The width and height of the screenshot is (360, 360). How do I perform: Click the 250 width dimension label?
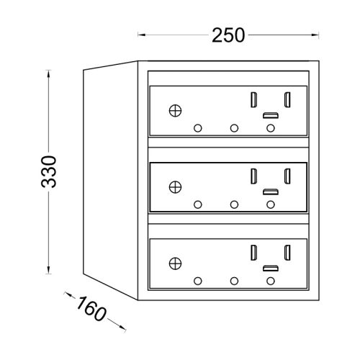pos(228,35)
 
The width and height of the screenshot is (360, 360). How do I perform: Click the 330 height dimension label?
pos(49,171)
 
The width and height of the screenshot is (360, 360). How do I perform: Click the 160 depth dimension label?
pos(91,308)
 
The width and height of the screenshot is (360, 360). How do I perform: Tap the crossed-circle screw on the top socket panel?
pos(176,111)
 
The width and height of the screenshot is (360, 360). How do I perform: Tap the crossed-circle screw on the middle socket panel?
pos(176,187)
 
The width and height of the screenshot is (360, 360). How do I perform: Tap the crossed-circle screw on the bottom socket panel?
pos(176,264)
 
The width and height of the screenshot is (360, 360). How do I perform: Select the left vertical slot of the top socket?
pos(253,100)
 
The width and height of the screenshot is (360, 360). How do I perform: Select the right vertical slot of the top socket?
pos(287,100)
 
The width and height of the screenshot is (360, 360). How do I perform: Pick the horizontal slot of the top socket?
pos(271,115)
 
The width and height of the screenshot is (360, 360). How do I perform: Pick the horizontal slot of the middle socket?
pos(271,192)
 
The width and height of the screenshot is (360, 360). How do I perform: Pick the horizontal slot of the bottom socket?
pos(271,269)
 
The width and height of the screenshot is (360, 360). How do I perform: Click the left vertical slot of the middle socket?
pos(253,176)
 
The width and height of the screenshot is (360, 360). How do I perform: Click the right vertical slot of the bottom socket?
pos(287,253)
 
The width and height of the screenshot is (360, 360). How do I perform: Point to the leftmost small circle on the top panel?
pos(198,128)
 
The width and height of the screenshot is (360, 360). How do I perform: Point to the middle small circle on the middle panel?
pos(234,204)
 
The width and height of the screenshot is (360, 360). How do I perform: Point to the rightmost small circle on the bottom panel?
pos(271,281)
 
